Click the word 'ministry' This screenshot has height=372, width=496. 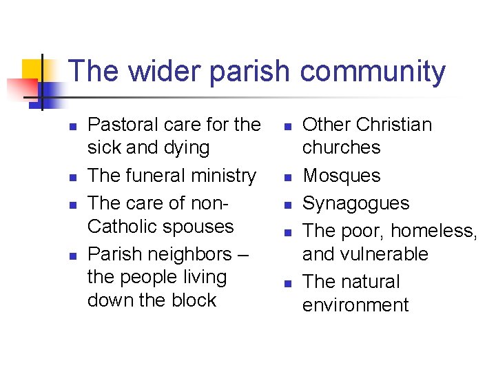tap(225, 176)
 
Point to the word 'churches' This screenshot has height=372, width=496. tap(341, 147)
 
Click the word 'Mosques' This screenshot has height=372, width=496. tap(341, 176)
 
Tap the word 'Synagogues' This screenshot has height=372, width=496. tap(355, 203)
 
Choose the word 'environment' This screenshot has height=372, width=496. tap(355, 305)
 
